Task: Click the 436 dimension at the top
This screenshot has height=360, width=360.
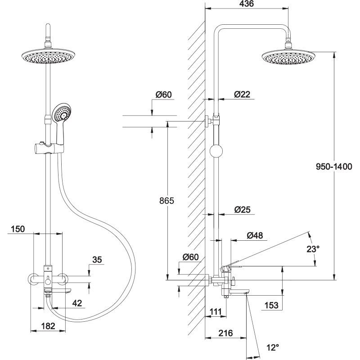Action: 245,4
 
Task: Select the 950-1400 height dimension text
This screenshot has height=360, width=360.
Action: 333,166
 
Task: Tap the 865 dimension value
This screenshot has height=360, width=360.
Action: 166,201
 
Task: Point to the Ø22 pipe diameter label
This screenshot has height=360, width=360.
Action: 242,94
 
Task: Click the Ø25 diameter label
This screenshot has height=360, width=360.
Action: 242,209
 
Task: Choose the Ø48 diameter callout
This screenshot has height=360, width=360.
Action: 255,235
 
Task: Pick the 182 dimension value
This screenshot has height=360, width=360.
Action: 48,326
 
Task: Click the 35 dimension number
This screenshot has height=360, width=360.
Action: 97,260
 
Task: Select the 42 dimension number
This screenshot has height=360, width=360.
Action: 77,303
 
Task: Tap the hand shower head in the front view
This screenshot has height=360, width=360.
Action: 61,112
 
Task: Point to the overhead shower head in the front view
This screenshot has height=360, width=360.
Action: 47,57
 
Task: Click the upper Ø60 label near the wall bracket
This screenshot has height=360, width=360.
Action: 163,94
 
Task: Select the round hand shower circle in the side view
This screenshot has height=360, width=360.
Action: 216,150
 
